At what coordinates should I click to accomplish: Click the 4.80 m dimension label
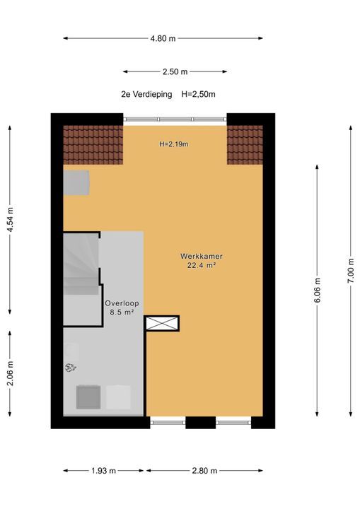tap(163, 38)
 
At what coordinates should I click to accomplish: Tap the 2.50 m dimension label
tap(175, 71)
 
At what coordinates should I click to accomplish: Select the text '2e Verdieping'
tap(146, 95)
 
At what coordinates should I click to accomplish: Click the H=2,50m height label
tap(198, 95)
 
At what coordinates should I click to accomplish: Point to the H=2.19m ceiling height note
tap(174, 144)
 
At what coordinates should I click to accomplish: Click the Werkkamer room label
tap(202, 256)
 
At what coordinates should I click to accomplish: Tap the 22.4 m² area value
tap(202, 266)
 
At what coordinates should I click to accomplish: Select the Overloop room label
tap(122, 303)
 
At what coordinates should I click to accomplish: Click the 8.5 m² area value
tap(122, 312)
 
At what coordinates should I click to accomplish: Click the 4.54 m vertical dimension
tap(11, 220)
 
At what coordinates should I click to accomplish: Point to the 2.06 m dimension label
tap(11, 373)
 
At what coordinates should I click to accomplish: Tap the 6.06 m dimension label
tap(318, 291)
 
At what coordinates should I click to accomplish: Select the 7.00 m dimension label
tap(351, 271)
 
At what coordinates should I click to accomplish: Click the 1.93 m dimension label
tap(104, 471)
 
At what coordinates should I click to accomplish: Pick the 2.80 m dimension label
tap(204, 471)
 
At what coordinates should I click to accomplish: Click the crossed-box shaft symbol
tap(161, 323)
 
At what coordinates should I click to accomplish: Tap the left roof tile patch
tap(93, 145)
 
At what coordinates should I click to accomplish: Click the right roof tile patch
tap(245, 145)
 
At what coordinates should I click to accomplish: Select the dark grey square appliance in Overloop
tap(88, 397)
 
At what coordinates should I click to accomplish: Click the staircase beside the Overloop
tap(81, 264)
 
